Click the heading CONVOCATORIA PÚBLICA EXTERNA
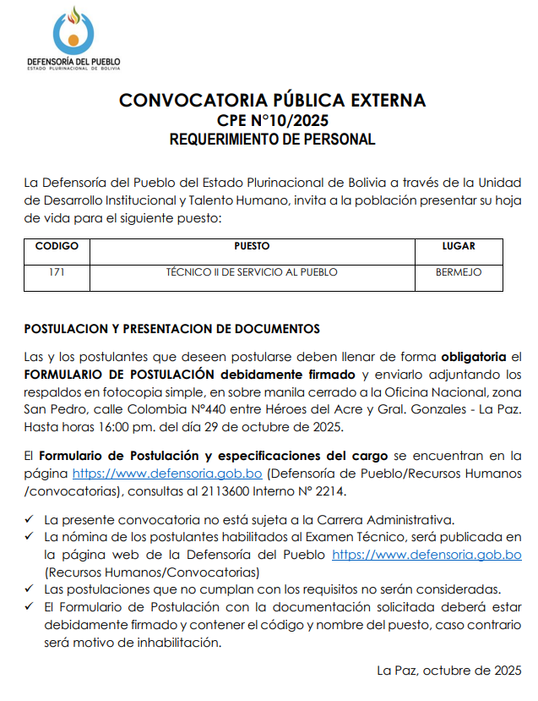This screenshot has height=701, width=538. pyautogui.click(x=272, y=101)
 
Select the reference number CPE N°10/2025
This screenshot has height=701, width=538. pyautogui.click(x=272, y=120)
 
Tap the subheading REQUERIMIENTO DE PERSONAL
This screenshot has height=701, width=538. pyautogui.click(x=272, y=140)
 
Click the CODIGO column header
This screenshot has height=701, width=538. pyautogui.click(x=57, y=247)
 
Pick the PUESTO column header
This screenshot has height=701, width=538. pyautogui.click(x=252, y=247)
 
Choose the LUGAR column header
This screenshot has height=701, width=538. pyautogui.click(x=459, y=247)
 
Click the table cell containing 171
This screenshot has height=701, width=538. pyautogui.click(x=57, y=272)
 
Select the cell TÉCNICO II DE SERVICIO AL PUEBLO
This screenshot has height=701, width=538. pyautogui.click(x=252, y=272)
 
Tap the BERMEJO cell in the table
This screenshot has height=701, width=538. pyautogui.click(x=459, y=272)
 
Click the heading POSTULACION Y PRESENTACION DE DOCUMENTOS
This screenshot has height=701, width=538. pyautogui.click(x=172, y=328)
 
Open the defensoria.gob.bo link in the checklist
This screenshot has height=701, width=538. pyautogui.click(x=427, y=555)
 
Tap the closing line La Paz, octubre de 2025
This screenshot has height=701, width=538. pyautogui.click(x=448, y=671)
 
